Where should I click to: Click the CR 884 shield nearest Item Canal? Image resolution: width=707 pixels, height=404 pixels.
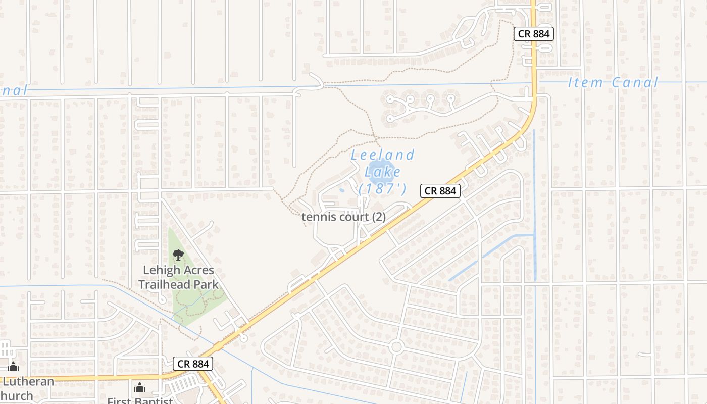(x=534, y=34)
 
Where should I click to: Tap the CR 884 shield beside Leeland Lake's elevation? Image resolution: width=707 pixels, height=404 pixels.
(x=440, y=190)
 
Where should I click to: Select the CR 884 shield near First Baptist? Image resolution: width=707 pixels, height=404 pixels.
(x=193, y=363)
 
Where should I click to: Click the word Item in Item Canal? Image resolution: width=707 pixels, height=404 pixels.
(x=585, y=82)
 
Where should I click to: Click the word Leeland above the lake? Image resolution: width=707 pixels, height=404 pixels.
(x=383, y=155)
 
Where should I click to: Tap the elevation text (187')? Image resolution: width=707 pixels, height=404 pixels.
(x=382, y=189)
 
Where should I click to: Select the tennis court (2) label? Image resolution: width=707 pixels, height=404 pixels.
(x=343, y=217)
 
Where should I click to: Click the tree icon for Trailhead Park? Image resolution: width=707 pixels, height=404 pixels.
(x=178, y=255)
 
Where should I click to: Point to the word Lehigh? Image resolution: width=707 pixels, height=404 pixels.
(x=160, y=270)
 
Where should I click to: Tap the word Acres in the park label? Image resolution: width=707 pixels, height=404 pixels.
(x=197, y=270)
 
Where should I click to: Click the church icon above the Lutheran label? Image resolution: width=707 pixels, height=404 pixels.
(x=13, y=367)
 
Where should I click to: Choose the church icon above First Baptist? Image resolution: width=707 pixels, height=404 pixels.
(x=140, y=387)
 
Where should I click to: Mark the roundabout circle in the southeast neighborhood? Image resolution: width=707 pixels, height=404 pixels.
(x=396, y=346)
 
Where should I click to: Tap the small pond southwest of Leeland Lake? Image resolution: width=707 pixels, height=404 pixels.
(x=341, y=191)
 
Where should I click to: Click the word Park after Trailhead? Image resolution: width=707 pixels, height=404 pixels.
(x=208, y=284)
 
